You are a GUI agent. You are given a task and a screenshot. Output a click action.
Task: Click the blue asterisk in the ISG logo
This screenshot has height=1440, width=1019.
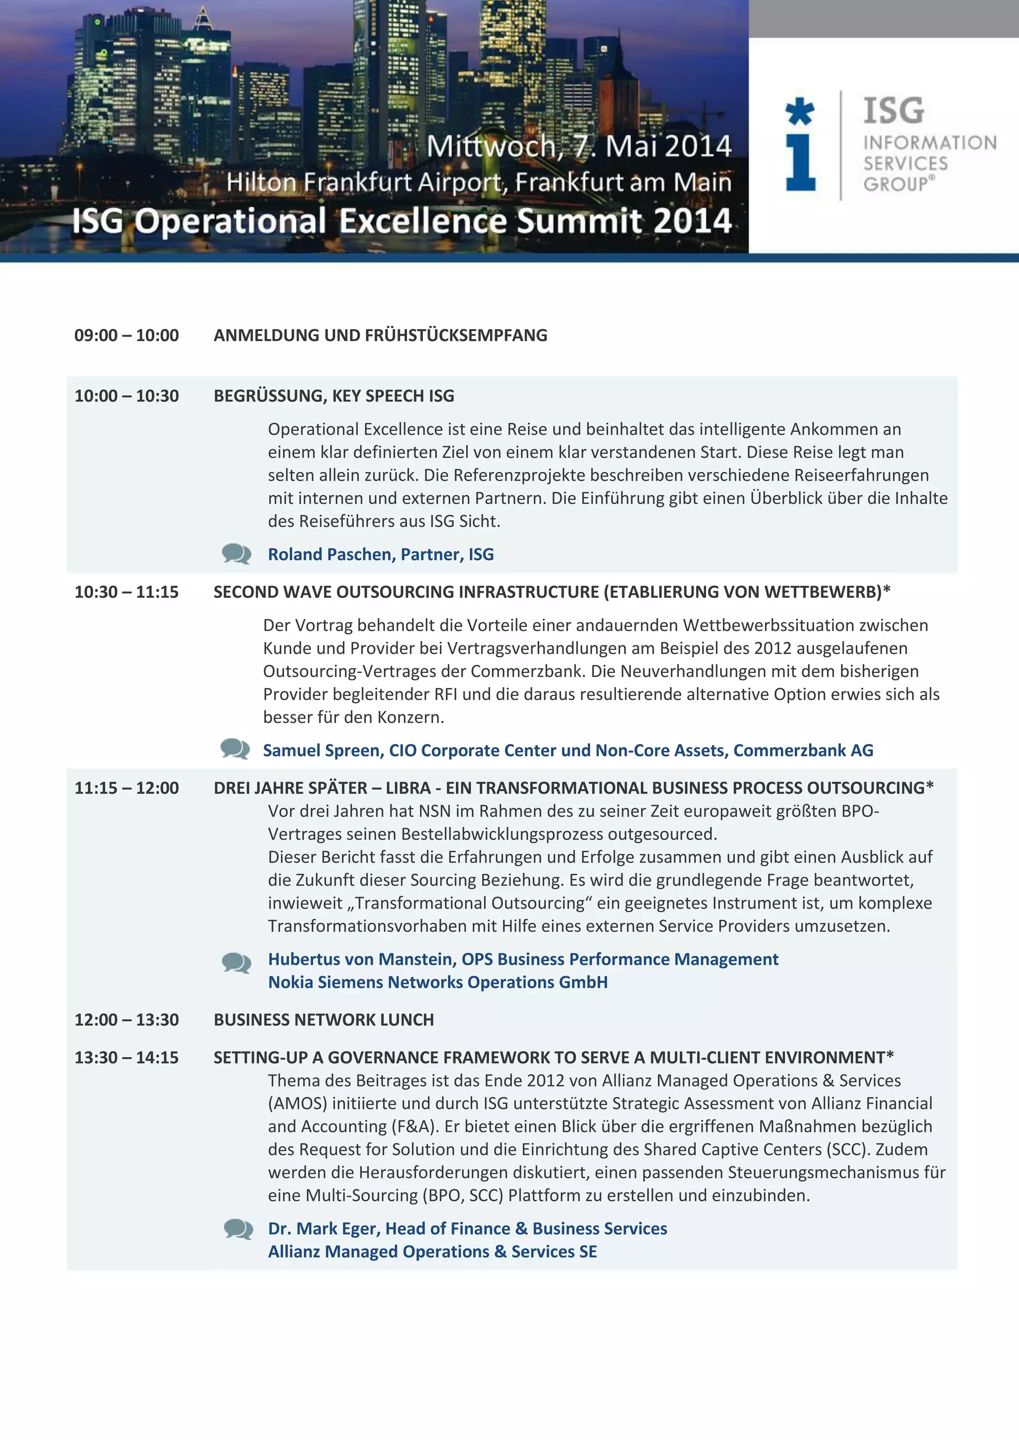(x=800, y=112)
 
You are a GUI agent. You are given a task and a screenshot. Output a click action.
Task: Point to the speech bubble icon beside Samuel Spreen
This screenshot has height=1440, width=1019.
(x=235, y=749)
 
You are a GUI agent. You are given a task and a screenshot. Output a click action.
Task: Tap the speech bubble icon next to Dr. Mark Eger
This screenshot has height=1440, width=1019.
(x=238, y=1229)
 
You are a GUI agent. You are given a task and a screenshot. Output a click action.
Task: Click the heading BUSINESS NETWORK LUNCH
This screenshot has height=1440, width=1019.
(x=324, y=1020)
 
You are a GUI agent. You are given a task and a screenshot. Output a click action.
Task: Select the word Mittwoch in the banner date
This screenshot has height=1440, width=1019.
(x=491, y=147)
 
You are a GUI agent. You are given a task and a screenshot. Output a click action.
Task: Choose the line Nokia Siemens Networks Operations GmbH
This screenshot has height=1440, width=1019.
(x=438, y=982)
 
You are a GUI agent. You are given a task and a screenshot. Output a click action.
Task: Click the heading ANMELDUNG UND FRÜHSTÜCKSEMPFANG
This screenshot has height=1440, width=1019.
(x=380, y=336)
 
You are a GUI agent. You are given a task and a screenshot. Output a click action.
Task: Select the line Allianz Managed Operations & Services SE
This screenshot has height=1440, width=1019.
(x=432, y=1252)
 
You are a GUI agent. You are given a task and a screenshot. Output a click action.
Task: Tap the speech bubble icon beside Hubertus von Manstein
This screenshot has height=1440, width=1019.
(x=236, y=962)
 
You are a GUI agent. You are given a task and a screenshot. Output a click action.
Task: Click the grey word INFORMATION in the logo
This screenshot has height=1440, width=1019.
(x=930, y=143)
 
